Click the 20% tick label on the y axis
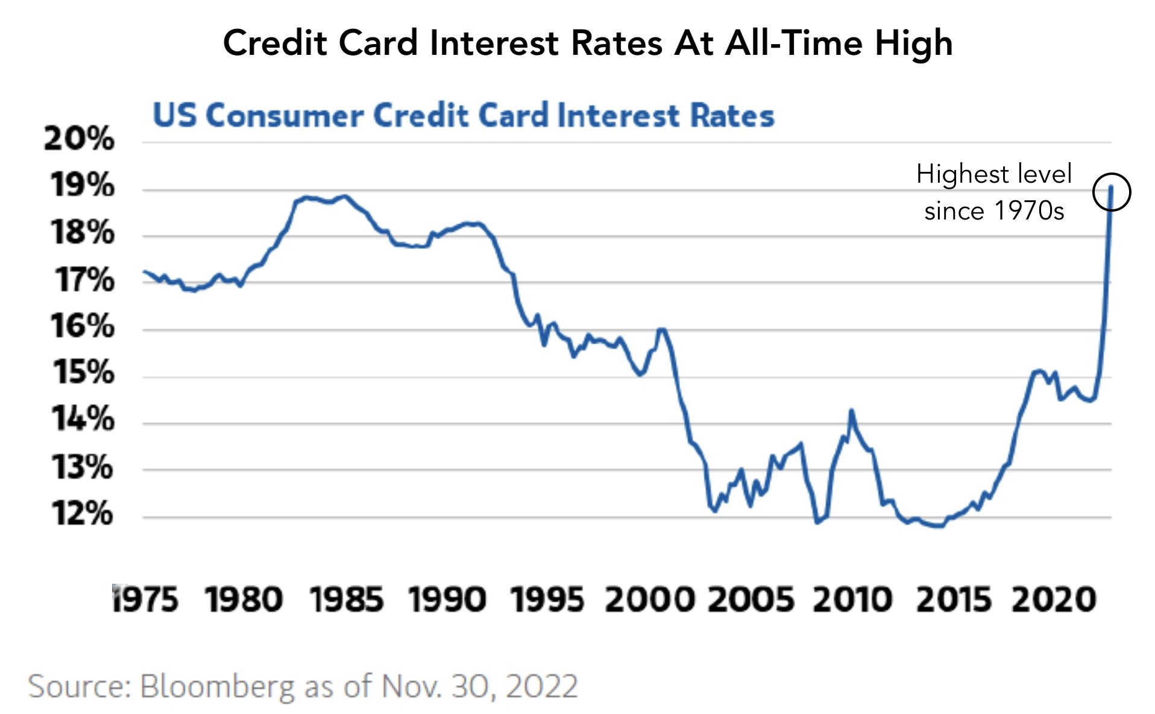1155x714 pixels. click(x=79, y=139)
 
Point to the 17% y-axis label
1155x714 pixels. click(x=84, y=280)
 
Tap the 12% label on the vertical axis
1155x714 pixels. click(x=82, y=514)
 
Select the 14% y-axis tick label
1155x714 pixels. click(x=83, y=419)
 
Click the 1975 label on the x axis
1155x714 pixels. click(x=145, y=600)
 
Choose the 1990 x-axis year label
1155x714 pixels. click(x=447, y=600)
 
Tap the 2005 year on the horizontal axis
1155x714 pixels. click(x=751, y=600)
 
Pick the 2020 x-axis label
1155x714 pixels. click(x=1054, y=600)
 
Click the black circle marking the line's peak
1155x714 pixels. click(x=1111, y=192)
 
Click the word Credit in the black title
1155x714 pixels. click(x=275, y=43)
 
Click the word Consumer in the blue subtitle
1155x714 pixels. click(x=285, y=115)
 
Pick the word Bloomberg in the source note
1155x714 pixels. click(x=218, y=687)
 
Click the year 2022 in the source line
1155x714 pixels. click(x=542, y=686)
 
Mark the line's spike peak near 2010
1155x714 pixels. click(x=851, y=411)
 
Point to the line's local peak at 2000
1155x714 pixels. click(x=661, y=329)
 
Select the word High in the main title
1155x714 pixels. click(x=914, y=43)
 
